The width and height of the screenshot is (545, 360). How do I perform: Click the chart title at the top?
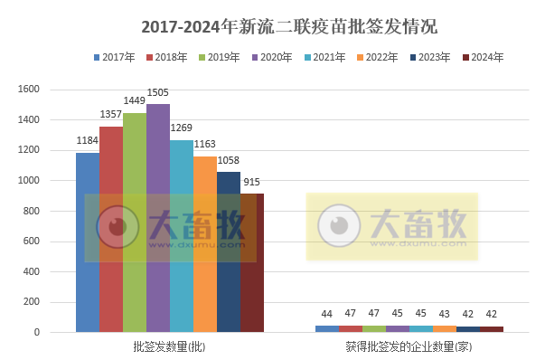(272, 24)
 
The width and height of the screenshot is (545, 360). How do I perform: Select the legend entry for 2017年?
(114, 59)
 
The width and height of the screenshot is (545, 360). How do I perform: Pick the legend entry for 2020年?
(271, 59)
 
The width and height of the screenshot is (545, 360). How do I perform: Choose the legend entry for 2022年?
(376, 59)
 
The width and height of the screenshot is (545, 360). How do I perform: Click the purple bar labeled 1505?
(158, 217)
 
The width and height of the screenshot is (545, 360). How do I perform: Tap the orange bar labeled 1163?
(205, 244)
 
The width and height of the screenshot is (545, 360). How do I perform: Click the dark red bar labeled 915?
(252, 262)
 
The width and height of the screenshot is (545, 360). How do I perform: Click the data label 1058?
(229, 163)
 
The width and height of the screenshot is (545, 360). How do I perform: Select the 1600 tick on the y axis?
(30, 90)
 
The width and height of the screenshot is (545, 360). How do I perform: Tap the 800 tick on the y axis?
(33, 211)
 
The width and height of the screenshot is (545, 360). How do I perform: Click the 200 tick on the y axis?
(33, 302)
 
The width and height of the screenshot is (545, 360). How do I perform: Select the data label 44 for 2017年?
(327, 314)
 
